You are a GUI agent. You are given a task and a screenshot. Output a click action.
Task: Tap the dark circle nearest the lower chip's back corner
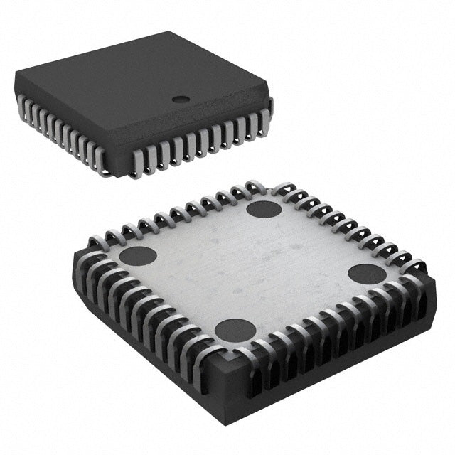[264, 209]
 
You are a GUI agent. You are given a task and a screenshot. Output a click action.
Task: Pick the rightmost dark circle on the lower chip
[368, 274]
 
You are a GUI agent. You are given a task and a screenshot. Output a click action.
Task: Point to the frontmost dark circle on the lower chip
[235, 330]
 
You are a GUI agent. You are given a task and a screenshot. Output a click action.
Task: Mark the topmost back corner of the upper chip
[168, 32]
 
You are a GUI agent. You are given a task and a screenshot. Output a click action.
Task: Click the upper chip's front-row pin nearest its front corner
[137, 162]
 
